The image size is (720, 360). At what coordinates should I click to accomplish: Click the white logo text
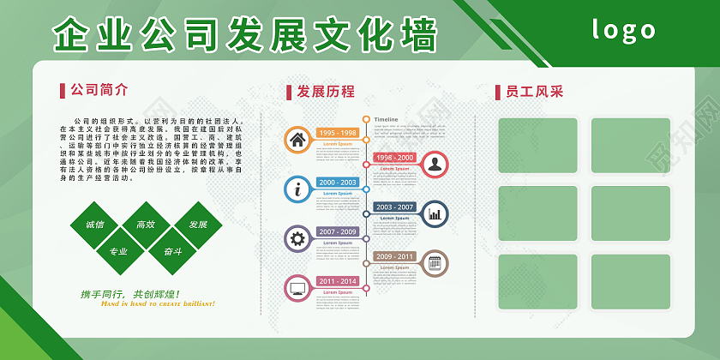click(x=623, y=31)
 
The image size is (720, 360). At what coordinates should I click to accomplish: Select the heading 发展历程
click(x=325, y=92)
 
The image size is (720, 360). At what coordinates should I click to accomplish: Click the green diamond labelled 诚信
click(x=94, y=225)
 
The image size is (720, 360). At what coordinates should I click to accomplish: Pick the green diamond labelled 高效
click(x=146, y=225)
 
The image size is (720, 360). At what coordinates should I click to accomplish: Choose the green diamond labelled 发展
click(x=198, y=225)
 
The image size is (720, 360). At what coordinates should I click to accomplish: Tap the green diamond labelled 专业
click(x=118, y=251)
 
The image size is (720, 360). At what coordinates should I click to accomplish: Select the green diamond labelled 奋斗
click(x=172, y=251)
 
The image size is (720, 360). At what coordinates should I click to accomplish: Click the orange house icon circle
click(x=297, y=139)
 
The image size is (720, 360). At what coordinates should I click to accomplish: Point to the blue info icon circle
click(x=297, y=189)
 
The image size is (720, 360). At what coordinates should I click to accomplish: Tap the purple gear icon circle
click(x=297, y=238)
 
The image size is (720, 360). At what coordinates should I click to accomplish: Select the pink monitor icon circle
click(x=297, y=287)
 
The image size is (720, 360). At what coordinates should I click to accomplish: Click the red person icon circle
click(x=435, y=164)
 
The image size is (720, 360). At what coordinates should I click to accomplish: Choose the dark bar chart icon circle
click(x=435, y=213)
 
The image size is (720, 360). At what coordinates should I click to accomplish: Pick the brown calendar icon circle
click(x=435, y=262)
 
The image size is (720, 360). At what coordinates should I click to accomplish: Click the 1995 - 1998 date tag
click(x=338, y=133)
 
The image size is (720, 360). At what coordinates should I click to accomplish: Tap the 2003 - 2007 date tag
click(x=394, y=207)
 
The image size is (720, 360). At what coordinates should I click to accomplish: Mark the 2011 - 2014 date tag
click(x=338, y=281)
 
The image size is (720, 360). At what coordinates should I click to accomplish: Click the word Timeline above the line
click(x=387, y=119)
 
